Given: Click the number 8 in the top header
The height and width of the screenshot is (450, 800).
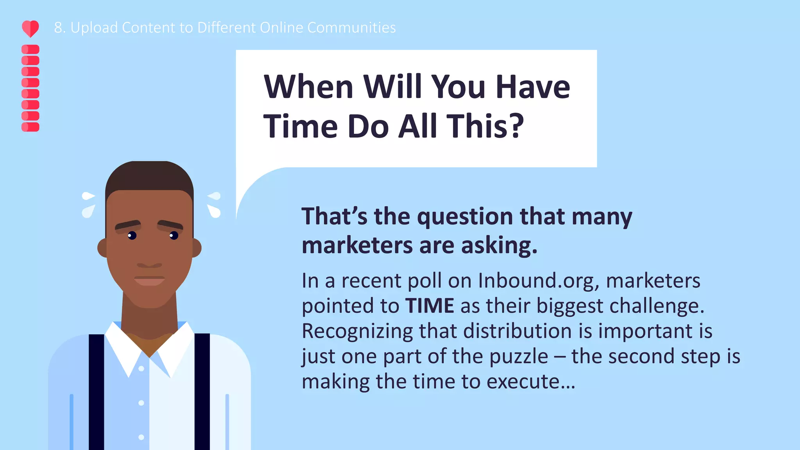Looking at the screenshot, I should pos(58,28).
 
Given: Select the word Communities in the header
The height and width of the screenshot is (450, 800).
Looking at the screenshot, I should pos(352,28).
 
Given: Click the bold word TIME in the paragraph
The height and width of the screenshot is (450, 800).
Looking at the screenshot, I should pos(430,305).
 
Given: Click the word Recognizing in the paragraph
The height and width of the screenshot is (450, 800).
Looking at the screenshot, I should pos(357,331).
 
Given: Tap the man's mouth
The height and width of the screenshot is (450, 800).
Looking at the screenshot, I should pos(150,280).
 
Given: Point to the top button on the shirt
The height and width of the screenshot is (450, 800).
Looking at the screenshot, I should pos(141,368).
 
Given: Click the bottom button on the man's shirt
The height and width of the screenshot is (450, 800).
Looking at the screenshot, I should pos(141,437).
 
